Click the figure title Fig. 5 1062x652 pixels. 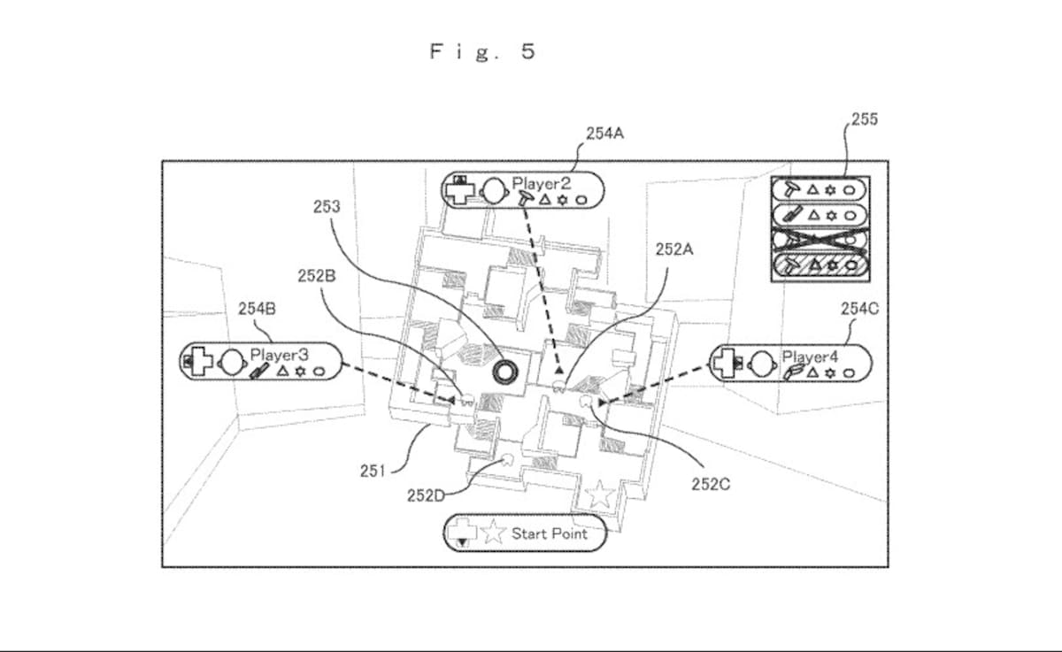[482, 51]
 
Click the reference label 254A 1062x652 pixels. [605, 134]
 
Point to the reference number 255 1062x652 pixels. [865, 119]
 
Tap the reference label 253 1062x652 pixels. [327, 207]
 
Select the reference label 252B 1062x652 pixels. [317, 276]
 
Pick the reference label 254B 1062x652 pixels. [257, 309]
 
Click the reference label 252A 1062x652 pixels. [674, 249]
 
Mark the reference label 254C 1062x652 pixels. [859, 309]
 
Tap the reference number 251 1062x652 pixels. [373, 471]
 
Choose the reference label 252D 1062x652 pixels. [427, 495]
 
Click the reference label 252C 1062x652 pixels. [711, 484]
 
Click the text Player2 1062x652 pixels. [542, 183]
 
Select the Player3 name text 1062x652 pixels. [280, 355]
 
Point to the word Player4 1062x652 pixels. [810, 357]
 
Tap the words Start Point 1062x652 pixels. [550, 534]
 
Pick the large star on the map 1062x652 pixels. [600, 495]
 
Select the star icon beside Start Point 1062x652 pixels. [494, 532]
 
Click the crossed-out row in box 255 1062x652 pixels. [820, 240]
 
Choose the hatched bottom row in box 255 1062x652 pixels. [820, 265]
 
